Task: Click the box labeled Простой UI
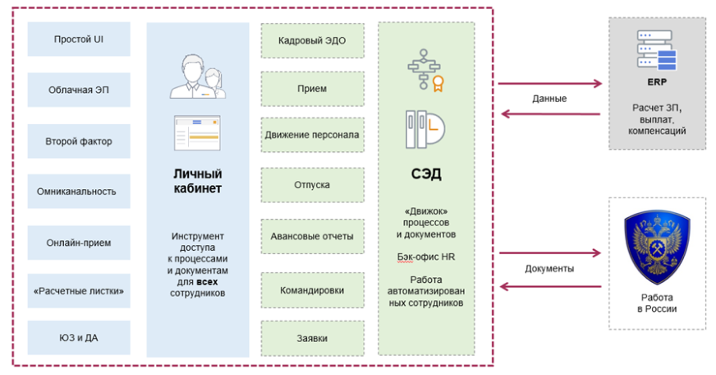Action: pos(78,39)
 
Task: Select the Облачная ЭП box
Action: pos(78,90)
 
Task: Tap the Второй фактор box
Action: pos(78,141)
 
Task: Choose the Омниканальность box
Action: pos(78,192)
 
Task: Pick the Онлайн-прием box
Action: pos(78,243)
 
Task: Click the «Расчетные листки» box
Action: pos(78,290)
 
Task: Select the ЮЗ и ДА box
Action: pos(78,337)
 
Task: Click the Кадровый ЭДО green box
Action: pos(312,40)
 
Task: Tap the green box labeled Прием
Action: pos(312,88)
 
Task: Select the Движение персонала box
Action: pos(312,134)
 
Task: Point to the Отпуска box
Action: pos(312,185)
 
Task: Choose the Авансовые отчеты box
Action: pos(312,237)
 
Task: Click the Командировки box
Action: pos(312,289)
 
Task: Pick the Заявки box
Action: pos(312,338)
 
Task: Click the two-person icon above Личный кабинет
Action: pos(198,76)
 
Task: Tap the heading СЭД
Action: pos(426,174)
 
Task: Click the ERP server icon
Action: pos(656,51)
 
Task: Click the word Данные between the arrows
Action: pos(549,99)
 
